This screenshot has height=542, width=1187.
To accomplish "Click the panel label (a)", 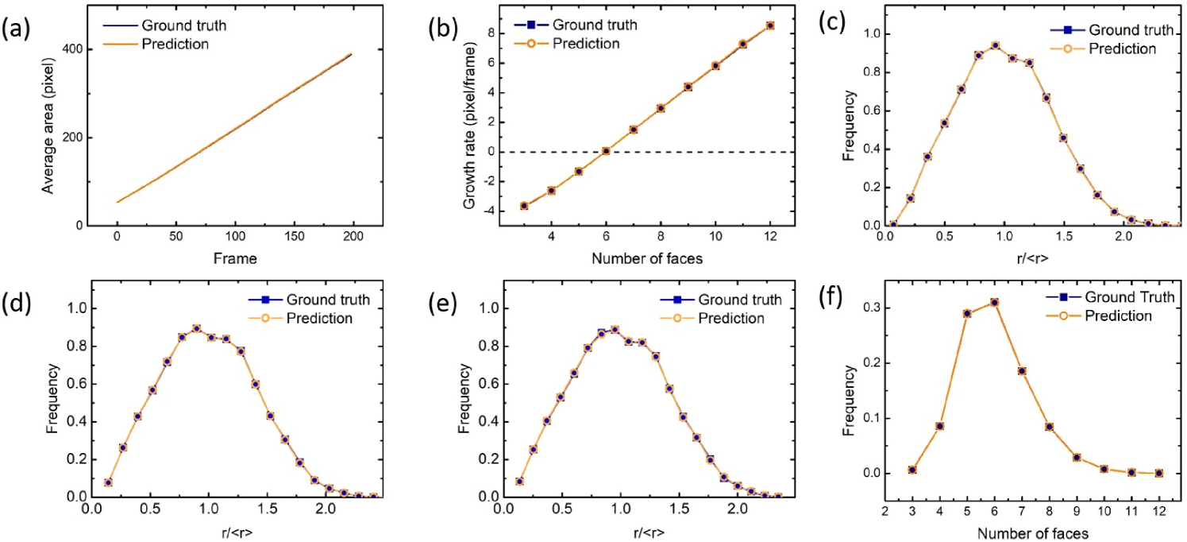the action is click(x=16, y=29).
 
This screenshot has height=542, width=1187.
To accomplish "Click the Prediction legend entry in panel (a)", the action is click(x=156, y=44).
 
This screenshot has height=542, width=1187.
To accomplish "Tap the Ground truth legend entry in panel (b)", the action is click(x=576, y=25).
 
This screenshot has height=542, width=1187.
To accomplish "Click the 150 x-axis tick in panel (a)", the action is click(x=295, y=237).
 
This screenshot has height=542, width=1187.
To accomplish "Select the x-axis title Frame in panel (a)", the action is click(x=235, y=259).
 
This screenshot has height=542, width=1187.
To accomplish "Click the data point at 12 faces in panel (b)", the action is click(x=770, y=25).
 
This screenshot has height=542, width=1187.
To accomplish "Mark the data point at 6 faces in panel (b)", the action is click(x=607, y=151).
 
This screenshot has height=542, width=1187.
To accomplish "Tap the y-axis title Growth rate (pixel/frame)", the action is click(x=469, y=126).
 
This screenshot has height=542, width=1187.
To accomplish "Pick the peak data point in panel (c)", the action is click(x=995, y=45).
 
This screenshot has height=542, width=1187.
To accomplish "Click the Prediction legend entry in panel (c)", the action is click(x=1104, y=48).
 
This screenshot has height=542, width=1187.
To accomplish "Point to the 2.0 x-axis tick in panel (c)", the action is click(x=1123, y=237).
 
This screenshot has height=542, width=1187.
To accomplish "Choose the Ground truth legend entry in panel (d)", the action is click(x=310, y=300).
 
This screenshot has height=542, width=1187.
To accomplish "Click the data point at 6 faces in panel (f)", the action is click(x=995, y=303).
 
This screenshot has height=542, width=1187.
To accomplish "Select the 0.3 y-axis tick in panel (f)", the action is click(x=869, y=308).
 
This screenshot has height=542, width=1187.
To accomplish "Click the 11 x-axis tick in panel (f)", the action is click(x=1132, y=512).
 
